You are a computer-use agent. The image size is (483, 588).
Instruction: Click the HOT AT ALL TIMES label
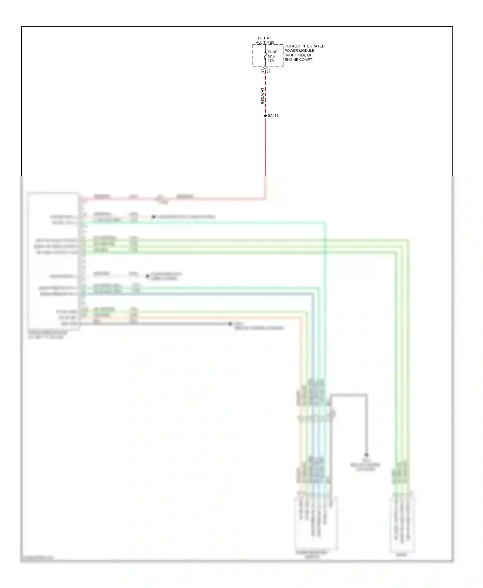coord(265,40)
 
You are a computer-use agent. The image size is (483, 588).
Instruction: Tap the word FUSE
coord(272,52)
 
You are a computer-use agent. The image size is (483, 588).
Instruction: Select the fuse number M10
coord(271,56)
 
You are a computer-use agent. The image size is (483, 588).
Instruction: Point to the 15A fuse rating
coord(271,60)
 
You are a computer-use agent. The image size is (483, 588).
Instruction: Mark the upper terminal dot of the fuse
coord(265,52)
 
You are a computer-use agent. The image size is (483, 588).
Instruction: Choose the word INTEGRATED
coord(313,46)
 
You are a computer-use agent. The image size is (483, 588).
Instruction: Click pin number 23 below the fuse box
coord(262,71)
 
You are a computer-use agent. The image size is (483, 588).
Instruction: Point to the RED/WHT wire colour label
coord(262,96)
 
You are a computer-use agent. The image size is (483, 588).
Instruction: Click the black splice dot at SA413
coord(265,116)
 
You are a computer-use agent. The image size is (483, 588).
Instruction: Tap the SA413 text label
coord(273,116)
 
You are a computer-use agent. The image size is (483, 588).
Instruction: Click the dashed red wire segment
coord(265,93)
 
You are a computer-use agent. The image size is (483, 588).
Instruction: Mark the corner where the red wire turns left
coord(265,199)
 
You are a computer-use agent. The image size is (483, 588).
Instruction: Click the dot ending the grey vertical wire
coord(366,455)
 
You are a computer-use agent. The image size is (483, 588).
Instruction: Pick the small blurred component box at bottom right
coord(402,524)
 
